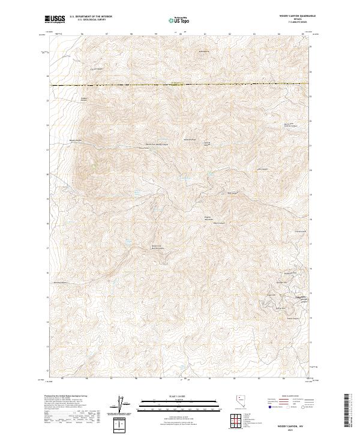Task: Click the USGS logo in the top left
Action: (55, 19)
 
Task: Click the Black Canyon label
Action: (220, 224)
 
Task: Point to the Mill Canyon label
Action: (262, 169)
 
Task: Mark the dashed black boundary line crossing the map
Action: (180, 85)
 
